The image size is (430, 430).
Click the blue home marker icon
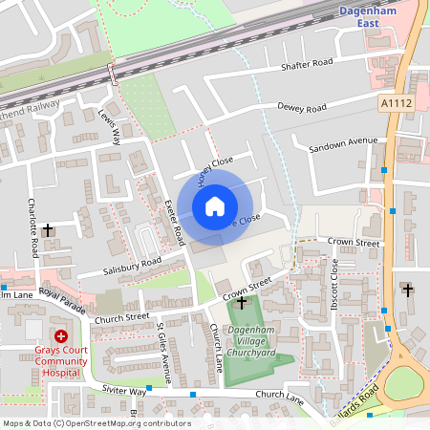pos(215,206)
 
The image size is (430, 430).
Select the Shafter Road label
pos(306,64)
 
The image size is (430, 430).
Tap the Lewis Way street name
pos(110,126)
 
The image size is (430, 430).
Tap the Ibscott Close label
pos(335,277)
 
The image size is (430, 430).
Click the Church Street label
pos(122,316)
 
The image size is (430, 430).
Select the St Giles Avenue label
pos(162,352)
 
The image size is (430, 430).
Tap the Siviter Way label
pos(124,392)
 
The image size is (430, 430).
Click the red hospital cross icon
pos(61,336)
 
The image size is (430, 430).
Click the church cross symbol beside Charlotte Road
pos(49,229)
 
